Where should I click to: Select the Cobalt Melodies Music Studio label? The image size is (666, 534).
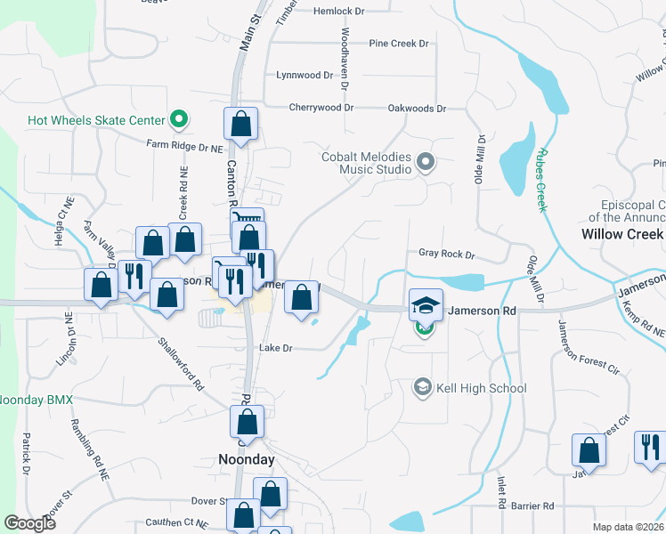(367, 163)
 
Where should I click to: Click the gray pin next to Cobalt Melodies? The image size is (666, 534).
(425, 162)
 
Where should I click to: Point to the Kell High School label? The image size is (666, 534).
(482, 388)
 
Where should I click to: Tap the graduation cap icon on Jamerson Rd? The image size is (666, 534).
(426, 304)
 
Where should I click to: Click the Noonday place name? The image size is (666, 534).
(247, 460)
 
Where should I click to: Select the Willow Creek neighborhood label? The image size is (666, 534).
(622, 234)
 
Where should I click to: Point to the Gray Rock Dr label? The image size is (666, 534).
(447, 255)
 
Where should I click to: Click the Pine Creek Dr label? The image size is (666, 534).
(399, 43)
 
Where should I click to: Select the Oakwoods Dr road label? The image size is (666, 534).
(417, 109)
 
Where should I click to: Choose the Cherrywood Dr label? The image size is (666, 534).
(321, 108)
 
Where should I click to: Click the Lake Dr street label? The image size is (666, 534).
(275, 348)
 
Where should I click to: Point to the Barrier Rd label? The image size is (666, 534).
(534, 506)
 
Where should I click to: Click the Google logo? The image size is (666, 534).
(29, 523)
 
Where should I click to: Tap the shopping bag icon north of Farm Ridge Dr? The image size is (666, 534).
(240, 125)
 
